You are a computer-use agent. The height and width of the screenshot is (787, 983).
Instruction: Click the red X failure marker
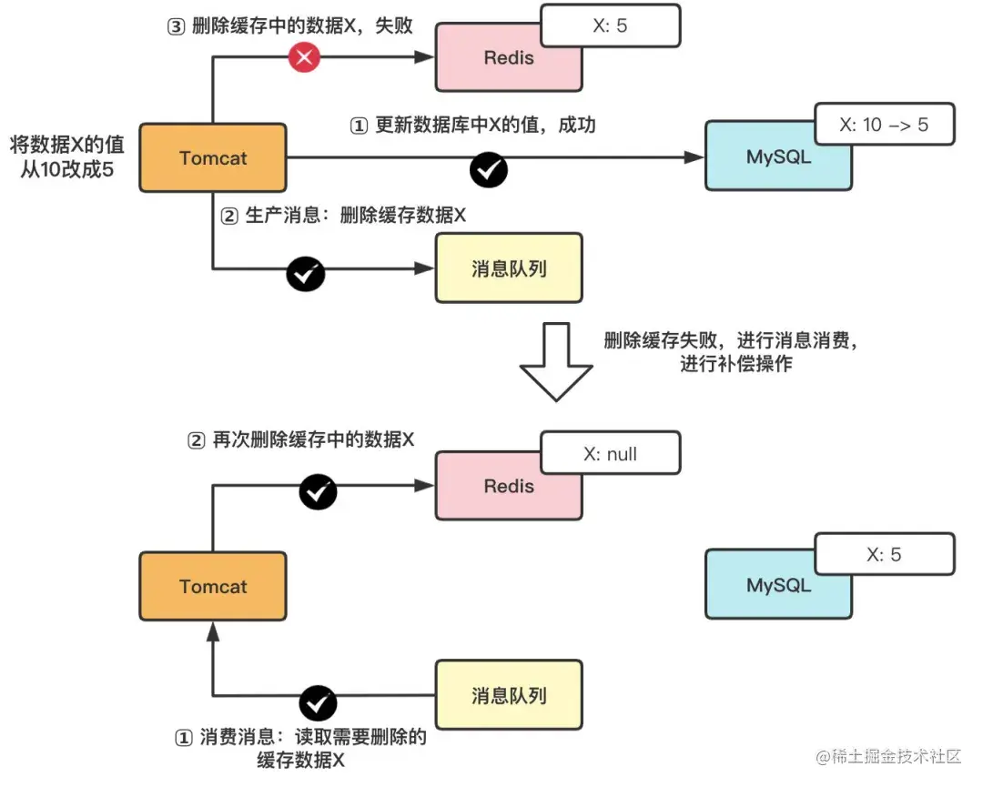[305, 58]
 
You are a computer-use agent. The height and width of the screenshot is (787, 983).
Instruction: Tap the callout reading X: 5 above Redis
[610, 25]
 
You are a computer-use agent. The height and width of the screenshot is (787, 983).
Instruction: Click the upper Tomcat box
[213, 157]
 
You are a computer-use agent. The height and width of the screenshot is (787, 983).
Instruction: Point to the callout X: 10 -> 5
[883, 125]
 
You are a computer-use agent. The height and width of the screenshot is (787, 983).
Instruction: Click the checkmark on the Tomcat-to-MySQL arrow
[489, 169]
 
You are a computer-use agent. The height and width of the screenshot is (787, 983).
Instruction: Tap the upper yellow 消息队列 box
[509, 268]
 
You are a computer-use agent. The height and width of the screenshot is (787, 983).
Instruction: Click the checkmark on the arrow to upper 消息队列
[305, 273]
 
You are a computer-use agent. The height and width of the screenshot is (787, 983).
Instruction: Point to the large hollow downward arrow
[555, 361]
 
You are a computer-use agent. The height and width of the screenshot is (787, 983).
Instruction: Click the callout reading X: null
[610, 454]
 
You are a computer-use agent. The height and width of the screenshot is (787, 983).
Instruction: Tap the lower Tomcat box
[213, 587]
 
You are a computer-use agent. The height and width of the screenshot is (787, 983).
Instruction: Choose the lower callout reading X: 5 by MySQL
[884, 554]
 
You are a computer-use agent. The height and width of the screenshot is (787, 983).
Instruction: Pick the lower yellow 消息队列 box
[509, 696]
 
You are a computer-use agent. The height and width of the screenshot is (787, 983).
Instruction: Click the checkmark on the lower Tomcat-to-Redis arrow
[318, 492]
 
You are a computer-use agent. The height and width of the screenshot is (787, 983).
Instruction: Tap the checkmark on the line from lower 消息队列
[318, 702]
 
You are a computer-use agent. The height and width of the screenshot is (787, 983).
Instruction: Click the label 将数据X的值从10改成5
[67, 156]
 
